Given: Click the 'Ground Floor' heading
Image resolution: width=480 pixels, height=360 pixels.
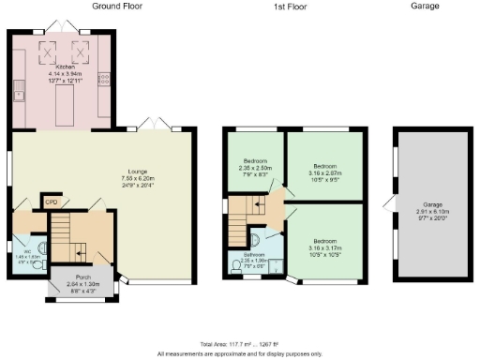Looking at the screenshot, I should pyautogui.click(x=117, y=6).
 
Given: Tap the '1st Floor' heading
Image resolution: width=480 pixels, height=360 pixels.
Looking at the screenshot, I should pyautogui.click(x=292, y=6).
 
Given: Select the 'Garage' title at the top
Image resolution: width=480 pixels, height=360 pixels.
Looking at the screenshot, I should pyautogui.click(x=425, y=6).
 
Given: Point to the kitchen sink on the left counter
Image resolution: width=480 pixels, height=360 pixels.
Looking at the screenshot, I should pyautogui.click(x=18, y=91).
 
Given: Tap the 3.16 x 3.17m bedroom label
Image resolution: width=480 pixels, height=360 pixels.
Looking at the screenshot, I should pyautogui.click(x=324, y=246).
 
